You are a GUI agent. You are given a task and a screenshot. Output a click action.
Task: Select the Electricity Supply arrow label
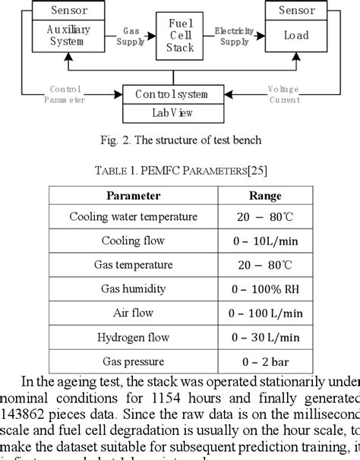tap(233, 36)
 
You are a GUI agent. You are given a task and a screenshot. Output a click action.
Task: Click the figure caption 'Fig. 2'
tap(180, 140)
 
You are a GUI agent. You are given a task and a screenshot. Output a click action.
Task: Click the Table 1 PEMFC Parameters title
tap(180, 170)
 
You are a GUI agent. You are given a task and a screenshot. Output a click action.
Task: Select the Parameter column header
tap(133, 195)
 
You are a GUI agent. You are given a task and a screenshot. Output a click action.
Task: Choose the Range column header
tap(264, 195)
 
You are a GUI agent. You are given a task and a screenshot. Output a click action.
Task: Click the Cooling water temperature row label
tap(133, 217)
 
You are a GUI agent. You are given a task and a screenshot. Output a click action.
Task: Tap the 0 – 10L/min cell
tap(264, 241)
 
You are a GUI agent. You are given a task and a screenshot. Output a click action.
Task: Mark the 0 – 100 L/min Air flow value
tap(264, 313)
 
